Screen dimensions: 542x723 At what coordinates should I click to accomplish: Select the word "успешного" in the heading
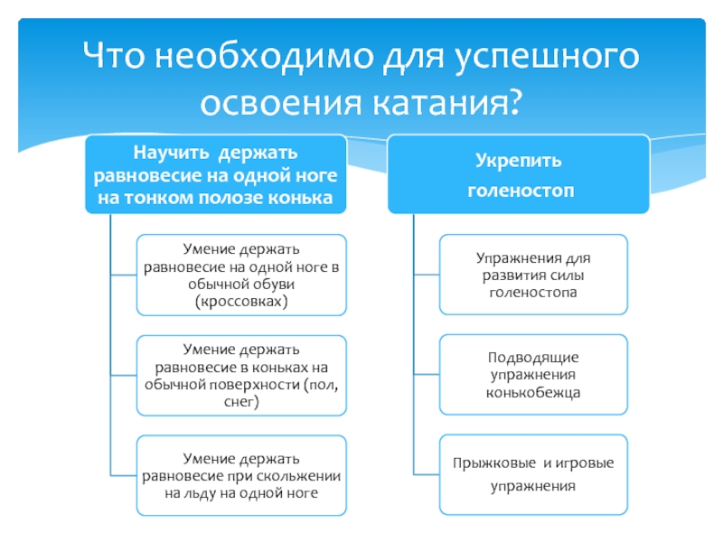click(547, 61)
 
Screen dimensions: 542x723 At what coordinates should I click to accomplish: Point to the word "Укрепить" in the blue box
click(518, 161)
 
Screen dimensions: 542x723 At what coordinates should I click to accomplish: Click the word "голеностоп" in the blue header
click(518, 192)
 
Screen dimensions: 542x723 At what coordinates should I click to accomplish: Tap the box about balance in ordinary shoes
click(240, 274)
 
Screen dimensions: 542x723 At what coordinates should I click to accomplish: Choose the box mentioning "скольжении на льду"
click(240, 476)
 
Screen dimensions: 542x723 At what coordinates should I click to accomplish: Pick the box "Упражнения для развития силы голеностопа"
click(533, 275)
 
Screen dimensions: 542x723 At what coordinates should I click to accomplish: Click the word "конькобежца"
click(533, 392)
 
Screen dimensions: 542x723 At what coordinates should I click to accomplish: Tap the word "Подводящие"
click(533, 358)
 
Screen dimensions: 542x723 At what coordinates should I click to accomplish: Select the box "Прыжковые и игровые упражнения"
click(533, 474)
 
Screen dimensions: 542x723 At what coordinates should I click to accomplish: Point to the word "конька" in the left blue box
click(307, 197)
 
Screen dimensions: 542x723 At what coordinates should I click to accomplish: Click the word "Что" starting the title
click(114, 61)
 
